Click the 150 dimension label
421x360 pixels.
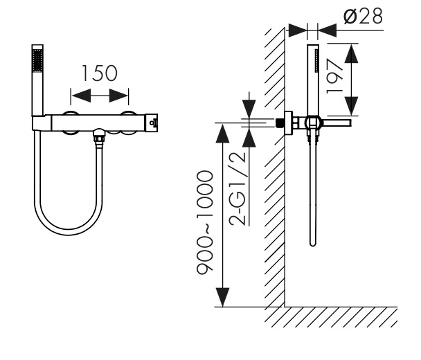click(99, 73)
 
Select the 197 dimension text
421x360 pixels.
click(334, 77)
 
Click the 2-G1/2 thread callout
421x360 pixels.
click(238, 189)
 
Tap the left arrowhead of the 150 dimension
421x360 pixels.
click(81, 96)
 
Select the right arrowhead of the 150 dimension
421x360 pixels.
click(118, 96)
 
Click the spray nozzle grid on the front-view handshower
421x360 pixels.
click(37, 61)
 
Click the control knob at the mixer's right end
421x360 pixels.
click(152, 123)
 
